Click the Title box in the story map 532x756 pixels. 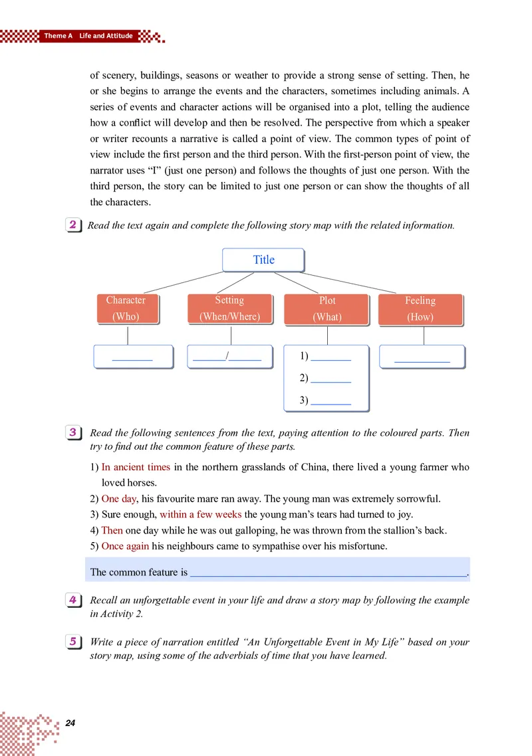(x=263, y=260)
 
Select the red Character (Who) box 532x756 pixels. (x=126, y=309)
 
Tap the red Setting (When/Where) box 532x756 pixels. (x=229, y=309)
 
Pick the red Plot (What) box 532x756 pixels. (x=327, y=309)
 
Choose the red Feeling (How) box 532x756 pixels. (x=420, y=309)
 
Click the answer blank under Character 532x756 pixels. (x=132, y=357)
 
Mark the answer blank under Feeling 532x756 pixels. (x=422, y=357)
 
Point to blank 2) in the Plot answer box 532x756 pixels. (x=331, y=379)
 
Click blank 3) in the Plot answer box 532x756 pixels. (x=331, y=401)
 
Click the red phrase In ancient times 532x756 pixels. (x=136, y=467)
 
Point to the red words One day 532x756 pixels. (x=118, y=498)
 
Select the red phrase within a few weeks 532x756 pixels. (x=200, y=514)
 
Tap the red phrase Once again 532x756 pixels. (x=125, y=546)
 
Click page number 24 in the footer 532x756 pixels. (x=71, y=723)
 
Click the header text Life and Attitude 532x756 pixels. (x=106, y=36)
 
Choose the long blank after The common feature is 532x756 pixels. (x=329, y=572)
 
